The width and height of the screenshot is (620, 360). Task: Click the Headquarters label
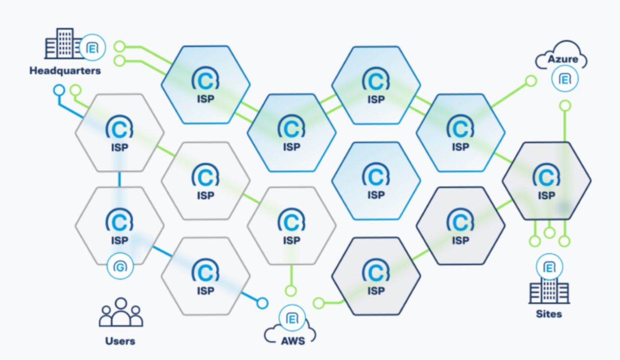65,70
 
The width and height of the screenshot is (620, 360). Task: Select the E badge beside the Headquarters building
93,47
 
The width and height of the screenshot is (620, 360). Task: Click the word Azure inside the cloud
563,59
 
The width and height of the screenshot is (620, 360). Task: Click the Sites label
549,314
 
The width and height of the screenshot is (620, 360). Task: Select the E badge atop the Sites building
550,268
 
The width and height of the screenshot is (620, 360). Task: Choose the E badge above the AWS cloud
292,319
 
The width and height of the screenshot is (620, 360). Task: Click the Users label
120,341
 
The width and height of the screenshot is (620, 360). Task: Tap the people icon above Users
121,313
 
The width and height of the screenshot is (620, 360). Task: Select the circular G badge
120,267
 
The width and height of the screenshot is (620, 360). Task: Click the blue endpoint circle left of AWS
262,303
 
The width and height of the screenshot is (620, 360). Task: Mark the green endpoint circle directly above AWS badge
291,291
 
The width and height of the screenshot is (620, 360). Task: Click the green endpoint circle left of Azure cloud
531,81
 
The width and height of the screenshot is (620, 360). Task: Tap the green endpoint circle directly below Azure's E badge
565,106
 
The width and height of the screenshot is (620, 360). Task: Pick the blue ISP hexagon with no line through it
376,180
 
